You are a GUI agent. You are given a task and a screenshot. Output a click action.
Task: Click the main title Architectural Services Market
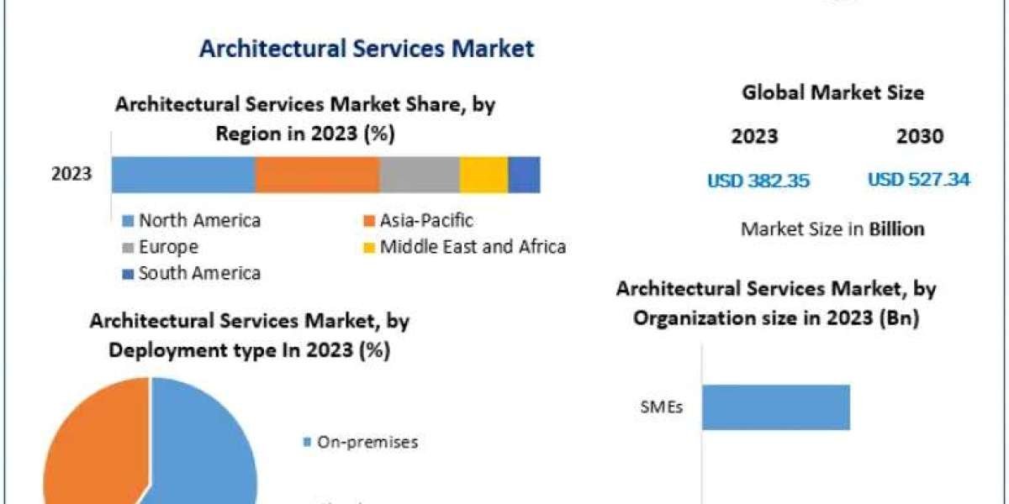click(x=366, y=48)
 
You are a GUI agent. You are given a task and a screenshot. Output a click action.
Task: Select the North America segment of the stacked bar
click(x=182, y=175)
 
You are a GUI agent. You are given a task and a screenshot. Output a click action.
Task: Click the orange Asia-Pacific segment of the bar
click(x=317, y=175)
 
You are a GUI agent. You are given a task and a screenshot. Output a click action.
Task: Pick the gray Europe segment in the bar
click(x=419, y=175)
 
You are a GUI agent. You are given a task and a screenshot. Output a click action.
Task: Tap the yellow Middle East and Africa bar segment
click(x=483, y=175)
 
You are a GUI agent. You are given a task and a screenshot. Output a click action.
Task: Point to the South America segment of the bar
click(x=524, y=175)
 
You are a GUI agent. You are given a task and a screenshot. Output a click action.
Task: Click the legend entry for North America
click(x=199, y=221)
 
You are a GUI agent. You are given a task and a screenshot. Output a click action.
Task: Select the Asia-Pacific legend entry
click(x=425, y=221)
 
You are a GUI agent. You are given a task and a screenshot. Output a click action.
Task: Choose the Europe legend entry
click(x=168, y=247)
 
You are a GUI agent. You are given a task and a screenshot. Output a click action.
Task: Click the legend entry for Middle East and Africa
click(x=472, y=247)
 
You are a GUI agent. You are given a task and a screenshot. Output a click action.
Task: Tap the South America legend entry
click(x=199, y=273)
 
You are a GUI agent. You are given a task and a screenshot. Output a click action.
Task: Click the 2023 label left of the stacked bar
click(x=71, y=175)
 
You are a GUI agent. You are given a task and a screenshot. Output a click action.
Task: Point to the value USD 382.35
click(x=758, y=180)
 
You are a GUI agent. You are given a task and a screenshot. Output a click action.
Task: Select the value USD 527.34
click(x=918, y=179)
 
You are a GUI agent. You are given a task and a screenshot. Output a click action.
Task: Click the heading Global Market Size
click(x=832, y=93)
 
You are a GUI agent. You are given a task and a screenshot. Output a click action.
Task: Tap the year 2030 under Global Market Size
click(x=919, y=136)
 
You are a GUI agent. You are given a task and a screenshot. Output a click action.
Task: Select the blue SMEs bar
click(x=775, y=407)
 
